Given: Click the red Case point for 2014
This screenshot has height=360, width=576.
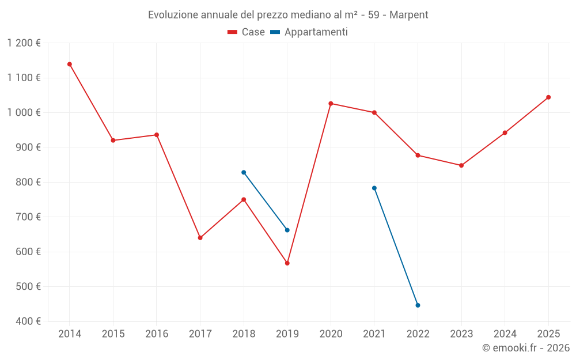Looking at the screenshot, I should pos(70,64).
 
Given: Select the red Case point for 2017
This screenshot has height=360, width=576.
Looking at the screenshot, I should pos(200,237).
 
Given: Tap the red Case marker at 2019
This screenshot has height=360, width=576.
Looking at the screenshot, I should pos(287,263).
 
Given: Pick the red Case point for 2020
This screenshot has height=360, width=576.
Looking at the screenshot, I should pos(331,104).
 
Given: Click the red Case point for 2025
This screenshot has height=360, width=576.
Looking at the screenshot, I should pos(548,97).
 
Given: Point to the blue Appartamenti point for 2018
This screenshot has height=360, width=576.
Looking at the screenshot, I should pos(244,172).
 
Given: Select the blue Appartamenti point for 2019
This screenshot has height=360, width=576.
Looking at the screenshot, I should pos(287,230).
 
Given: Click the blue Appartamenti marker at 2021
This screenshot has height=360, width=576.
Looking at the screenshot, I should pos(374,188).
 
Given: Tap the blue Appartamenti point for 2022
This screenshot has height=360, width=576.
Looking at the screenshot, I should pos(418,305).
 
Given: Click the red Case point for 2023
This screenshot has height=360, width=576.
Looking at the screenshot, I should pos(461,165).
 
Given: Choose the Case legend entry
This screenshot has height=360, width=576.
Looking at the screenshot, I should pos(247,32).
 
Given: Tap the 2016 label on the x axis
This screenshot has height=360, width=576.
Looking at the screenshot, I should pos(157,334).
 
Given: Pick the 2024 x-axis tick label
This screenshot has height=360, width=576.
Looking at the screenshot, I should pos(505,334).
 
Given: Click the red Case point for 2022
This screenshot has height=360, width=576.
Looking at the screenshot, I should pos(418,156).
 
